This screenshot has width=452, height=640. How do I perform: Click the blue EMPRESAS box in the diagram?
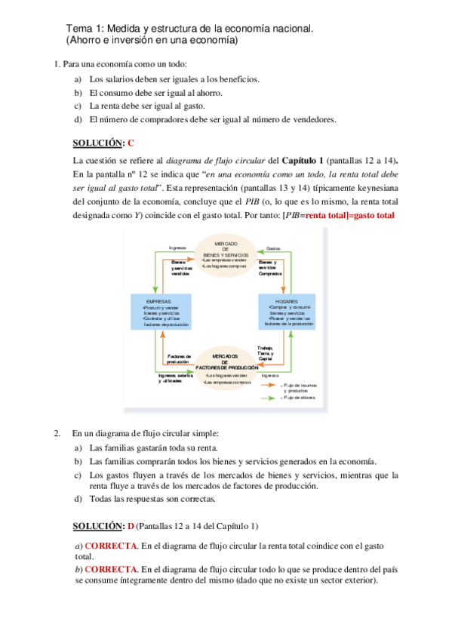pyautogui.click(x=161, y=312)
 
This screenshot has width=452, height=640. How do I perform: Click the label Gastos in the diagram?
pyautogui.click(x=273, y=248)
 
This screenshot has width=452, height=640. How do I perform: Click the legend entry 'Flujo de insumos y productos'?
pyautogui.click(x=300, y=388)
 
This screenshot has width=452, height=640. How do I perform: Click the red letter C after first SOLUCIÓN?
pyautogui.click(x=131, y=143)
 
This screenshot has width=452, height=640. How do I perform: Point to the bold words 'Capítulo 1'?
pyautogui.click(x=303, y=161)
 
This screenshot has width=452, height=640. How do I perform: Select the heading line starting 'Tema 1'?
pyautogui.click(x=189, y=28)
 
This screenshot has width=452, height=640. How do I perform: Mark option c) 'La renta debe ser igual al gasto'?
pyautogui.click(x=146, y=106)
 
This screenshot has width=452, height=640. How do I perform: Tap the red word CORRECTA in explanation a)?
pyautogui.click(x=110, y=545)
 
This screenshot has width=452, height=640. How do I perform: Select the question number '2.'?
pyautogui.click(x=57, y=433)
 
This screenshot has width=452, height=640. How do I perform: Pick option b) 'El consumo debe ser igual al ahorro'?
pyautogui.click(x=155, y=92)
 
